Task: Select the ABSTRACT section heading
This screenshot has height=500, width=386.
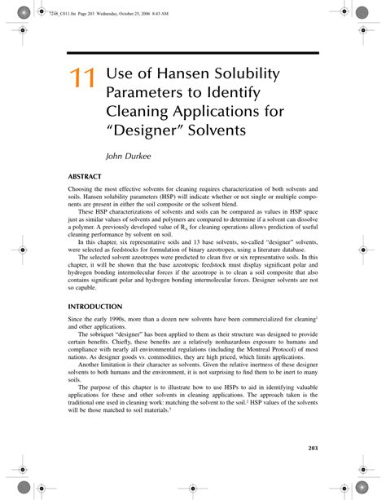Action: click(85, 175)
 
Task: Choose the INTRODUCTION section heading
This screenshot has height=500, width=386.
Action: click(94, 306)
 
